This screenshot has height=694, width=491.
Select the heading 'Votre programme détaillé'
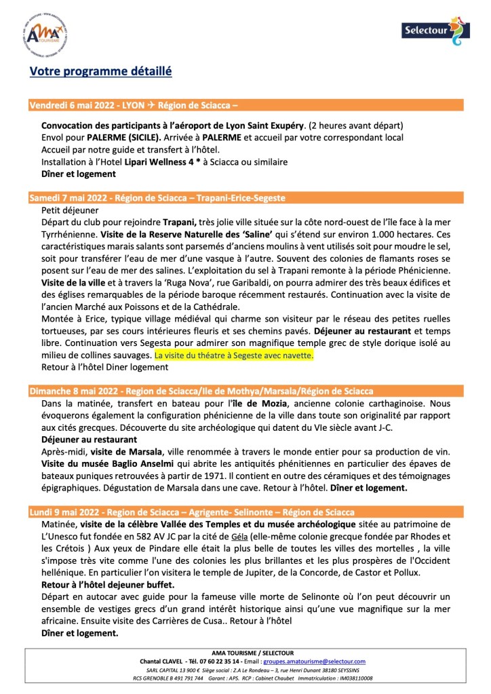(x=100, y=71)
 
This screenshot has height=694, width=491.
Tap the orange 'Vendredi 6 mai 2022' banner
(x=245, y=105)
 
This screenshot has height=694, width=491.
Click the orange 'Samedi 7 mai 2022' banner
(x=245, y=197)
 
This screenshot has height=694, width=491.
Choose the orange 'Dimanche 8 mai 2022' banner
(x=245, y=390)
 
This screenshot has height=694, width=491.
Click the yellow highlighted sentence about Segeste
(x=234, y=355)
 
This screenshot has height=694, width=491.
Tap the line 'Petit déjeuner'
(x=71, y=210)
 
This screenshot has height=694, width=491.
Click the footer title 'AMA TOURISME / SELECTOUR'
(x=245, y=652)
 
